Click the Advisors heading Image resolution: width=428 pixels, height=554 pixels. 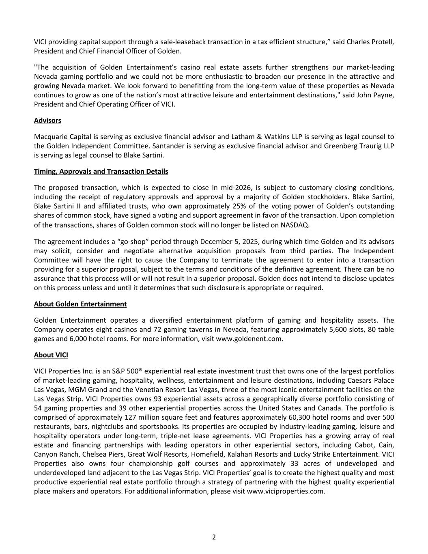point(47,121)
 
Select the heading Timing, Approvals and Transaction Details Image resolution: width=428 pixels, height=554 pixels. point(101,171)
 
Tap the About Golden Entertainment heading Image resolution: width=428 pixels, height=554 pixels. point(80,304)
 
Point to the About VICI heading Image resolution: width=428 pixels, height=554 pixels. point(51,355)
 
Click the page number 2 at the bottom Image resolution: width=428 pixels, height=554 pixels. point(214,537)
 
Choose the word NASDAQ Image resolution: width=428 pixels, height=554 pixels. point(295,225)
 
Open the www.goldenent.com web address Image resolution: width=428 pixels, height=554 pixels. point(249,339)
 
